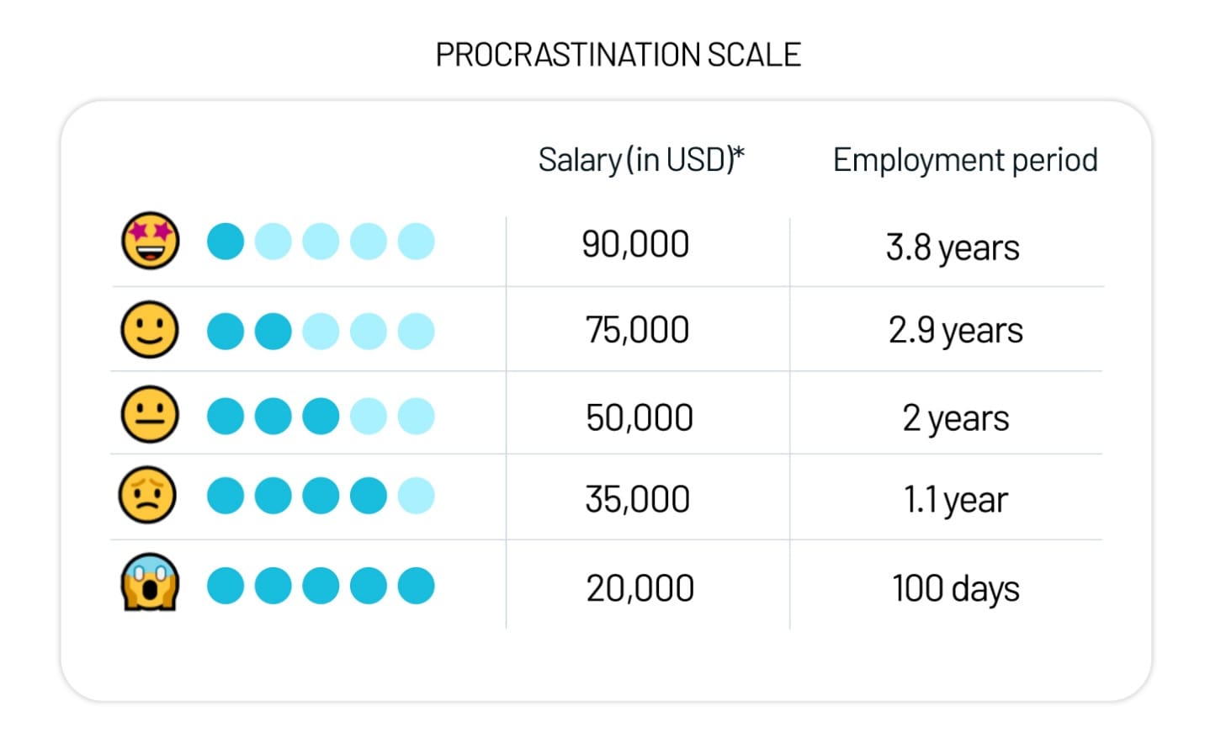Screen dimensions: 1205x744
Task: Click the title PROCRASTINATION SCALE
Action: tap(618, 55)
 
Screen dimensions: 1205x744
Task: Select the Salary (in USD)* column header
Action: tap(640, 160)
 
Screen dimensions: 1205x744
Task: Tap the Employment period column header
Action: tap(965, 160)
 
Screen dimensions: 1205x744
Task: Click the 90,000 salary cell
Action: tap(635, 244)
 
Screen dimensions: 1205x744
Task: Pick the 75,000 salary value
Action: tap(637, 329)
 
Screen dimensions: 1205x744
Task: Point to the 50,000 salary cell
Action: tap(639, 417)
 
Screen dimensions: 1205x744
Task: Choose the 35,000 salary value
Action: tap(638, 499)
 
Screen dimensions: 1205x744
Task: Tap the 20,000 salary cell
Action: tap(640, 588)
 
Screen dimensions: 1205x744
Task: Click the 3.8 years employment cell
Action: tap(953, 248)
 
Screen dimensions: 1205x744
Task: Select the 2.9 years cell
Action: tap(955, 330)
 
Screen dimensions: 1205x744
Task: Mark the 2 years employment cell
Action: tap(955, 418)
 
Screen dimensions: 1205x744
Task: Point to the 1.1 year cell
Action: tap(955, 500)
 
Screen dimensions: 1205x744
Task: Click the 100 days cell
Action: tap(955, 588)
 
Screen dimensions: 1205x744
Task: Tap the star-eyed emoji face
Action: tap(150, 241)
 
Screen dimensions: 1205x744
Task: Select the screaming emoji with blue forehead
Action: tap(150, 582)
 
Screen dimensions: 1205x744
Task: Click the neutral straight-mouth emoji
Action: tap(150, 414)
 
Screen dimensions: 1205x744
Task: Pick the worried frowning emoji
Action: tap(147, 495)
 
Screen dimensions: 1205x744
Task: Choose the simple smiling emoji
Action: tap(150, 329)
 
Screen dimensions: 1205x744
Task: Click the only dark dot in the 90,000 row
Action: tap(226, 241)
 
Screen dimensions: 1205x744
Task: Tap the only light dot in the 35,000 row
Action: tap(416, 496)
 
